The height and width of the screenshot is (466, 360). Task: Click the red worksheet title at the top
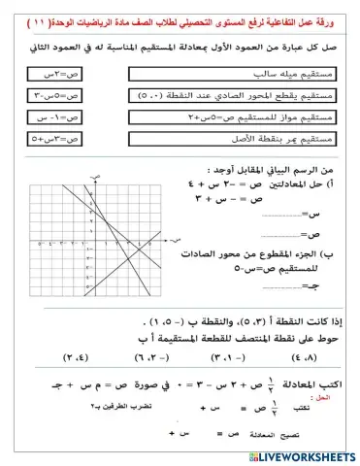pos(180,13)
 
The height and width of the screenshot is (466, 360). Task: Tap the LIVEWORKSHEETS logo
pos(296,455)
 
